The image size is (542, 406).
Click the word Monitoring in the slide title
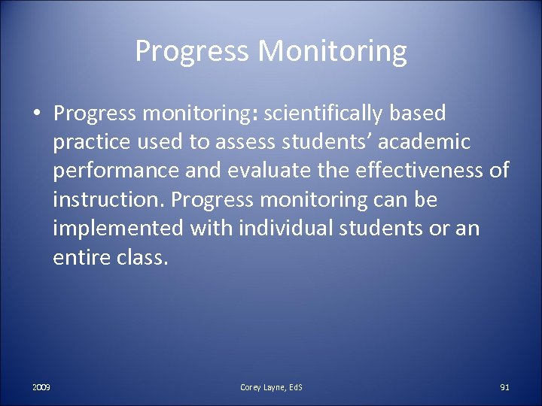pyautogui.click(x=333, y=52)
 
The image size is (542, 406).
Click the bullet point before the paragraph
pyautogui.click(x=36, y=114)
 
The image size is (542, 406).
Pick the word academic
pyautogui.click(x=422, y=142)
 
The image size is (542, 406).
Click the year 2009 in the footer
pyautogui.click(x=41, y=387)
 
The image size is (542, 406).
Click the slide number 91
pyautogui.click(x=504, y=387)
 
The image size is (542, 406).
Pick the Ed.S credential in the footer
pyautogui.click(x=294, y=387)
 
